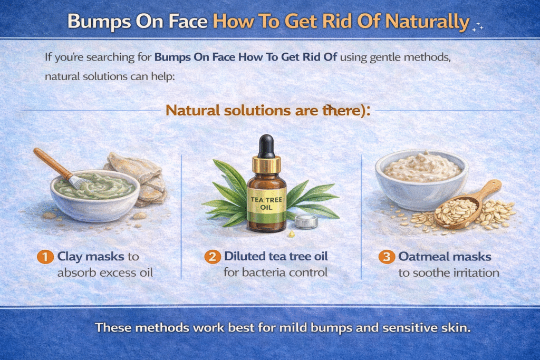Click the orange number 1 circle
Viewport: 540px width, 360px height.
(x=45, y=257)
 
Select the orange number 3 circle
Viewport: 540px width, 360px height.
(x=387, y=257)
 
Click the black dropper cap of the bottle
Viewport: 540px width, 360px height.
(x=266, y=145)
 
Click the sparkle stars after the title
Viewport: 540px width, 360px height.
(x=477, y=26)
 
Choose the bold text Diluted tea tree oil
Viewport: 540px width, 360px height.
(x=276, y=257)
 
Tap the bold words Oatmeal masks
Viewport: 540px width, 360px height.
(x=445, y=257)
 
